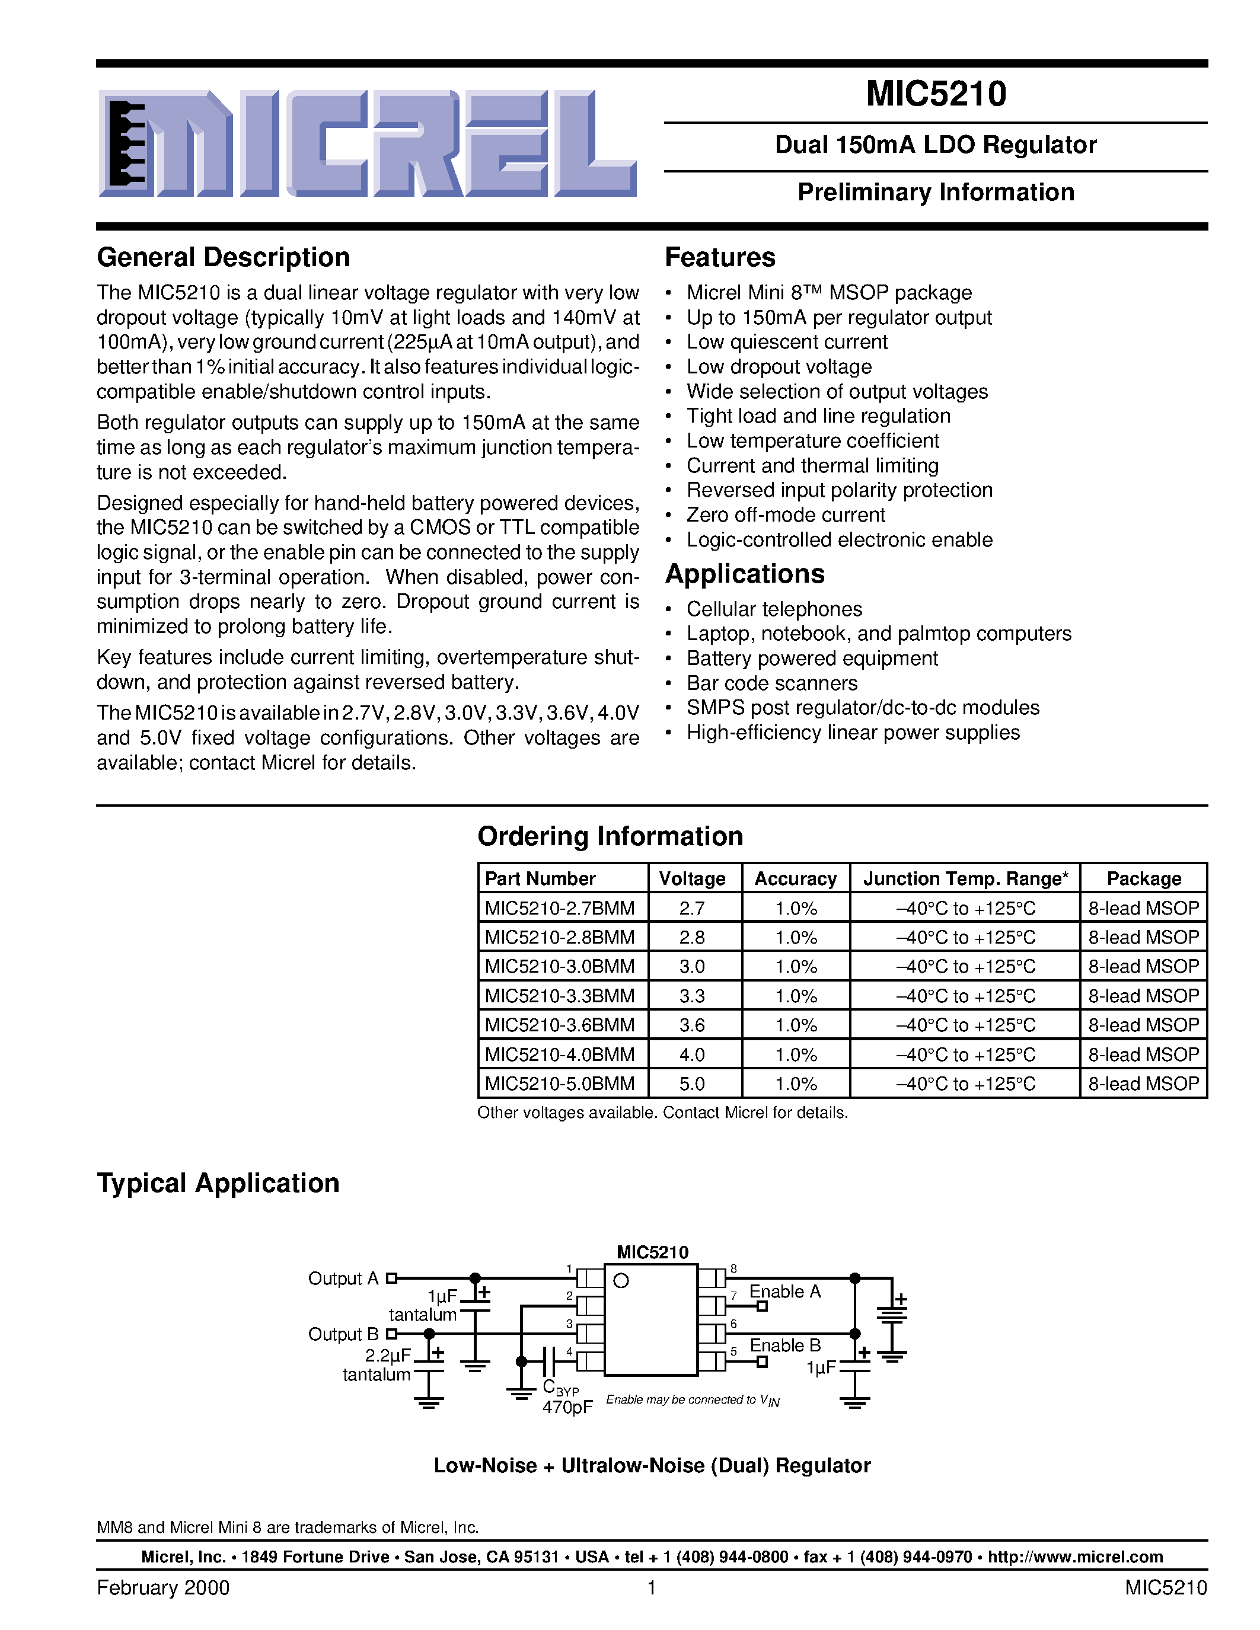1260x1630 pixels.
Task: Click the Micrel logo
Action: click(367, 143)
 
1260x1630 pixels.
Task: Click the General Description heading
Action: click(223, 257)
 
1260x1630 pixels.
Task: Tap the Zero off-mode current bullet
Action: click(785, 515)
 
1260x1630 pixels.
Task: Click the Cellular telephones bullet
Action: click(774, 609)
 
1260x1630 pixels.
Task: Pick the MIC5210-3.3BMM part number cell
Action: click(559, 996)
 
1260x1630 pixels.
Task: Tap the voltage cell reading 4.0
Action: click(692, 1054)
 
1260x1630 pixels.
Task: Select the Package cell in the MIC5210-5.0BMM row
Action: click(1143, 1084)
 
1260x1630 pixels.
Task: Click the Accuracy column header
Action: click(795, 878)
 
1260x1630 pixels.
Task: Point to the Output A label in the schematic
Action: click(343, 1279)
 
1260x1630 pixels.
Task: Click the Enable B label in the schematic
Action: click(784, 1345)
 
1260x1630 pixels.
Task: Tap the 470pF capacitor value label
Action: click(567, 1407)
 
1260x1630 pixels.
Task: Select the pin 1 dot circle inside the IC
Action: click(620, 1281)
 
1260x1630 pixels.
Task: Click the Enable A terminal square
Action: click(762, 1306)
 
